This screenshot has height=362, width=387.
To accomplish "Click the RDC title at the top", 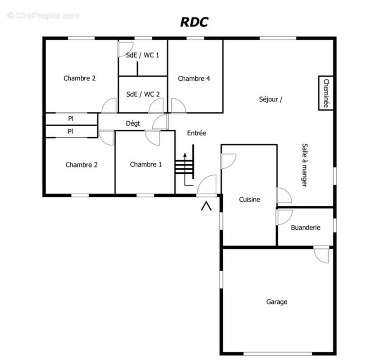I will tap(194, 22).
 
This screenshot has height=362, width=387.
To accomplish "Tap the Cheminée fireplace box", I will tap(325, 93).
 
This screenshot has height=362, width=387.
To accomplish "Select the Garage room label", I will tap(276, 302).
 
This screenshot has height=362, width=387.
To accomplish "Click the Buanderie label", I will tap(305, 228).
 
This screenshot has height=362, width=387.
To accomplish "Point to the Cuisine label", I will tap(250, 199).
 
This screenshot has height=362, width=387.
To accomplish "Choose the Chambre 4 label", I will tap(194, 79).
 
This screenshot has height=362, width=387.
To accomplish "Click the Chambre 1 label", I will tap(145, 164).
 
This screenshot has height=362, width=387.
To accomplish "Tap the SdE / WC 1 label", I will tap(143, 55).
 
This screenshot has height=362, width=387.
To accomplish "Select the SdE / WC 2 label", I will tap(143, 94).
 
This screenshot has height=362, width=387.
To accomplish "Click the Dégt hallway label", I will tap(133, 123).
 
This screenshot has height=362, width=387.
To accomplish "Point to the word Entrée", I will tap(197, 133).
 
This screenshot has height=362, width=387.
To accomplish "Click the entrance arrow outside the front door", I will tap(207, 206).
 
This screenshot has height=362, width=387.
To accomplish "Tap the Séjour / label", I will tap(271, 100).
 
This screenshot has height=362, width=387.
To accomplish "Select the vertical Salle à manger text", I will tap(304, 165).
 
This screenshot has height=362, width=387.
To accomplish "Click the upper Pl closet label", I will tap(71, 119).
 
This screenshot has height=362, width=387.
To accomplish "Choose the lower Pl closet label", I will tap(71, 131).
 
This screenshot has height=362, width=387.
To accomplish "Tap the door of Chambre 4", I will tap(178, 105).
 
